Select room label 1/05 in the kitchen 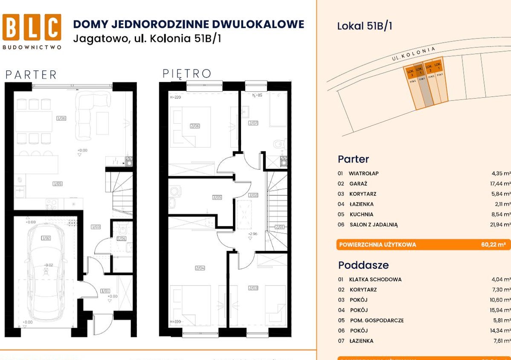tap(58, 184)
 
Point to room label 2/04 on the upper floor tap(200, 268)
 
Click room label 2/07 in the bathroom tap(253, 123)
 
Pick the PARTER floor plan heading tap(31, 75)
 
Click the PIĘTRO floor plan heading tap(187, 74)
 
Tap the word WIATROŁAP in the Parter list tap(363, 174)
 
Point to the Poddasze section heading tap(363, 265)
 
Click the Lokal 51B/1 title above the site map tap(365, 26)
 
